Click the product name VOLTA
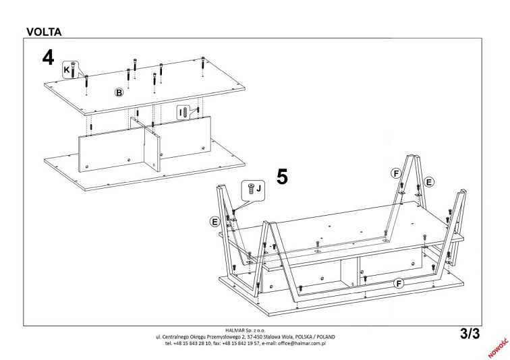[x=44, y=32]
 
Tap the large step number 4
[x=48, y=57]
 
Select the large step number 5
[x=282, y=177]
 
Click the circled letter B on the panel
[x=119, y=92]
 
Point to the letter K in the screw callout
[x=67, y=70]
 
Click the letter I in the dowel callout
[x=181, y=113]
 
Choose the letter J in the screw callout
[x=258, y=189]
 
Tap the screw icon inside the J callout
[x=251, y=189]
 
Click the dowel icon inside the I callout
[x=186, y=113]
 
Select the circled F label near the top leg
[x=396, y=173]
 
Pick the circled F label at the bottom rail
[x=399, y=284]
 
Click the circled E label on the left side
[x=215, y=222]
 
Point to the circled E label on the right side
[x=429, y=182]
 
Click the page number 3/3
[x=470, y=334]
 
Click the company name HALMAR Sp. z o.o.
[x=246, y=330]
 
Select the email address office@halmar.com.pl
[x=302, y=343]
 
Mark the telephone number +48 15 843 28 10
[x=192, y=343]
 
